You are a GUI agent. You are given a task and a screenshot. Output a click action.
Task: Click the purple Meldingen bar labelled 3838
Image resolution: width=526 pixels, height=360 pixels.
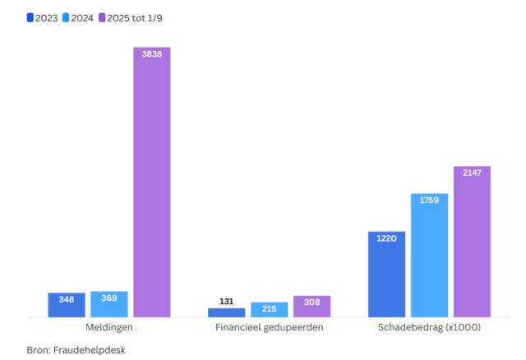click(x=151, y=182)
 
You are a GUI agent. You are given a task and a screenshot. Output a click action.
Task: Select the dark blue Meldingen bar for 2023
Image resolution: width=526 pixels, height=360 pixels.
click(x=67, y=305)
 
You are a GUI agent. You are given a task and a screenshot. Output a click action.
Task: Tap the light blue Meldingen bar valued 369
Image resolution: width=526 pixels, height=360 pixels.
click(x=109, y=304)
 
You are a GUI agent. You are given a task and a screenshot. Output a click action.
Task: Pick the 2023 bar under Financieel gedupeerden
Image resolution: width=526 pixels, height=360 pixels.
click(x=226, y=312)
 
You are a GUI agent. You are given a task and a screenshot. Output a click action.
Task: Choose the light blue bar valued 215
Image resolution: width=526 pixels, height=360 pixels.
click(x=269, y=309)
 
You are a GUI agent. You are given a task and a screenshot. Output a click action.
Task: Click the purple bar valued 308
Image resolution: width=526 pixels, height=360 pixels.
click(x=311, y=306)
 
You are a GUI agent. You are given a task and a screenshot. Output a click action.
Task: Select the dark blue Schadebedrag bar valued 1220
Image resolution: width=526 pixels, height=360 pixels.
click(x=386, y=274)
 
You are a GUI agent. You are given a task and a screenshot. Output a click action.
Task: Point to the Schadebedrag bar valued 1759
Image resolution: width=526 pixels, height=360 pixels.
click(x=429, y=255)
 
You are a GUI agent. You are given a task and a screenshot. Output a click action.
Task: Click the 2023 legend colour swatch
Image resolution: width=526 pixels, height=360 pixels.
click(x=30, y=17)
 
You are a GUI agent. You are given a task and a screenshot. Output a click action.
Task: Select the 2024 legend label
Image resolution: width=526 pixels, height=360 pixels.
click(x=81, y=17)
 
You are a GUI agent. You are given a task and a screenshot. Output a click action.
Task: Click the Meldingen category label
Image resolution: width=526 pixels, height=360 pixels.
click(x=109, y=327)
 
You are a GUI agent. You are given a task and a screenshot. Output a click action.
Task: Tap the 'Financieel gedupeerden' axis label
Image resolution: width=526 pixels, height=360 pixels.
click(x=269, y=327)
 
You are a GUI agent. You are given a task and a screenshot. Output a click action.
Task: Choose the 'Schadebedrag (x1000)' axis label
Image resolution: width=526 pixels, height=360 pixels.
click(x=429, y=327)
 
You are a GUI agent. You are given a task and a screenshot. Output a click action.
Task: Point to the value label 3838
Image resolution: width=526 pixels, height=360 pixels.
click(x=151, y=53)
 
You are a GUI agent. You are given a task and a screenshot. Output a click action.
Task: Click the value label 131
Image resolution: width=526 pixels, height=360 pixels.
click(x=226, y=302)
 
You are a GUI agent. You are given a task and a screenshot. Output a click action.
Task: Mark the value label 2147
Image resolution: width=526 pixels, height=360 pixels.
click(x=472, y=173)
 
